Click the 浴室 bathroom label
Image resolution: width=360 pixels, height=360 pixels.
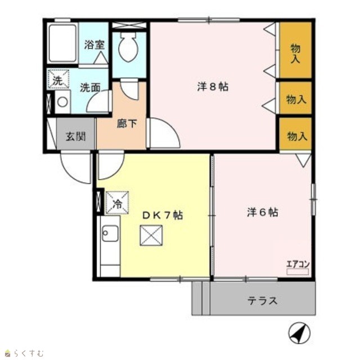(x=94, y=45)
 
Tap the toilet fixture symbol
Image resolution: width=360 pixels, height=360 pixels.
(x=128, y=47)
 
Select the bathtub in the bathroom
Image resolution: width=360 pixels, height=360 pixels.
(x=62, y=43)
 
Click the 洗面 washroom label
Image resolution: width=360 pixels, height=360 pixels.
(x=90, y=88)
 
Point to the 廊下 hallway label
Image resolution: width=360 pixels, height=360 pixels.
(x=127, y=124)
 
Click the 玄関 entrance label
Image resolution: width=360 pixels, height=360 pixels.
(x=76, y=137)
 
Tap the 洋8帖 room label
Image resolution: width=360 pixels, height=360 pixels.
(x=213, y=87)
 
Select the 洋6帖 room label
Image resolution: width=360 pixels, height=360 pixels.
(x=263, y=213)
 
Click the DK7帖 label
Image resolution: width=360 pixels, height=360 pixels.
(x=163, y=215)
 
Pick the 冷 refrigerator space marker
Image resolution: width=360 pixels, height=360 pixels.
(x=117, y=203)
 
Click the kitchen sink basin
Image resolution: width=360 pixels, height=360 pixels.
(x=110, y=233)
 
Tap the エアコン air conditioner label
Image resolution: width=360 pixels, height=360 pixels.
(x=298, y=264)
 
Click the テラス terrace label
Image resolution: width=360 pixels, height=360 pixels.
(x=263, y=300)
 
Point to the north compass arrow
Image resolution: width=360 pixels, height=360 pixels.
(x=299, y=332)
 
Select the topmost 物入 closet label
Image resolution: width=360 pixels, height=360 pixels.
(x=295, y=54)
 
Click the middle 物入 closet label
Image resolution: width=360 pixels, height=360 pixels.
(x=296, y=100)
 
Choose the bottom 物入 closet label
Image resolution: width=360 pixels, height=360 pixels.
(x=297, y=136)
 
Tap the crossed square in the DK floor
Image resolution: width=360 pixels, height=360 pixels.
(x=151, y=236)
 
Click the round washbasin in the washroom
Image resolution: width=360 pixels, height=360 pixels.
(x=62, y=102)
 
